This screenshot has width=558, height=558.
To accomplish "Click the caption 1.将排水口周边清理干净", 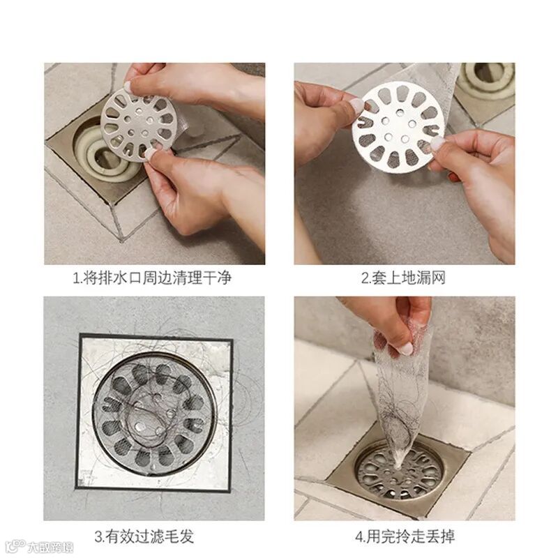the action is tap(152, 278).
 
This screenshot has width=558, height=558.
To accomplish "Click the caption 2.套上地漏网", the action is tap(403, 278).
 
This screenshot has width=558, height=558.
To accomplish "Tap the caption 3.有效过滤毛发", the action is tap(144, 536).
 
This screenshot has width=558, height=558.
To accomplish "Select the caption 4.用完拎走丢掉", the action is tap(405, 536).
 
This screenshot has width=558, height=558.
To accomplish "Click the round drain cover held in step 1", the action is tap(137, 126).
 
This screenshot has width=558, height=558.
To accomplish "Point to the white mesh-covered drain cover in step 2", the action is tap(398, 127).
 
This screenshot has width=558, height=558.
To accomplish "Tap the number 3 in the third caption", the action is tap(98, 536).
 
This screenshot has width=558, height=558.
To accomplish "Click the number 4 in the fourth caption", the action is tap(359, 536).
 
